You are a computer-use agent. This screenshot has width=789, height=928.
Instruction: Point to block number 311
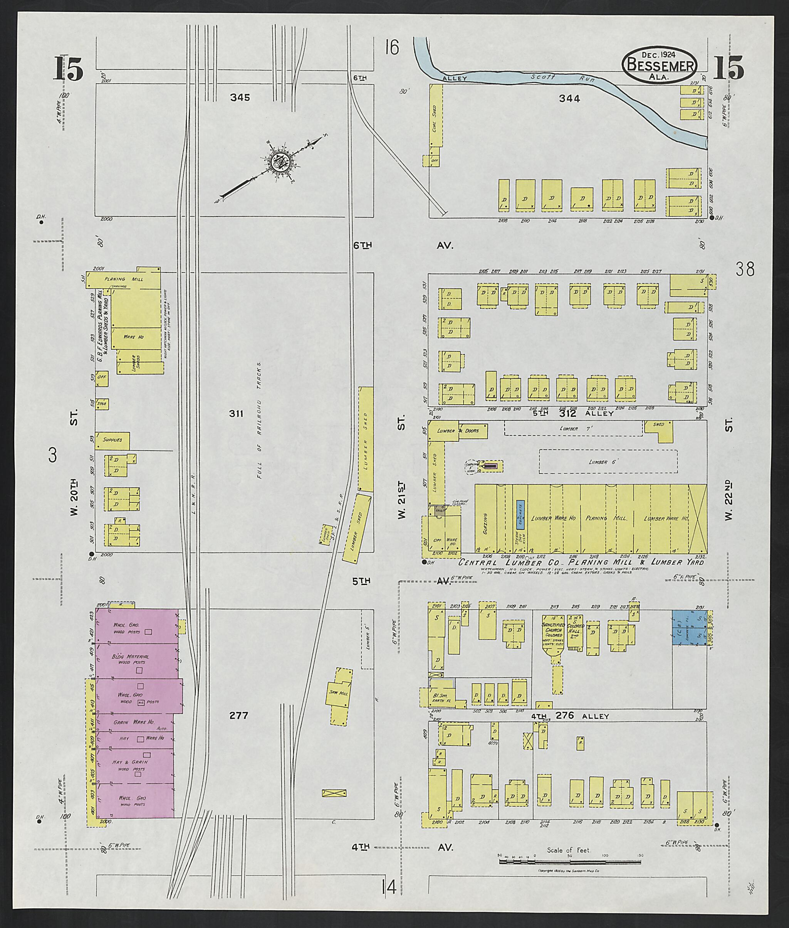[236, 414]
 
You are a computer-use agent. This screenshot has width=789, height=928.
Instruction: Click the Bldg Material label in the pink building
[131, 656]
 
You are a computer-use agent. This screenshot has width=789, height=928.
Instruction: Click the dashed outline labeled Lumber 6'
[608, 461]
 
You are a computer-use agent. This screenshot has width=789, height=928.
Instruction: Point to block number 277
[238, 715]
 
